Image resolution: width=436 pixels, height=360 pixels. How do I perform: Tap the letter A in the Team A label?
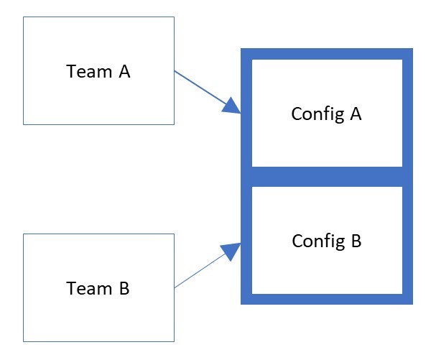[124, 72]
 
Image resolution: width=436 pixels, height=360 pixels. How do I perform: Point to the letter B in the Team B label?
[124, 288]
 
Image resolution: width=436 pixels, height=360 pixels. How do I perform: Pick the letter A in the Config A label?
[355, 114]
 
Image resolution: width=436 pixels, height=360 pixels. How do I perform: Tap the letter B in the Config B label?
[355, 241]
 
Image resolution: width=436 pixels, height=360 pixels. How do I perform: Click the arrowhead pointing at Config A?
[233, 106]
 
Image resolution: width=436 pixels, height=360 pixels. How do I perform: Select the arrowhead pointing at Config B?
[233, 251]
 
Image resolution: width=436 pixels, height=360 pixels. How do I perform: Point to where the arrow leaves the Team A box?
[175, 70]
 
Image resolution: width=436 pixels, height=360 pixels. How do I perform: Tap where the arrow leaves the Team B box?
[175, 287]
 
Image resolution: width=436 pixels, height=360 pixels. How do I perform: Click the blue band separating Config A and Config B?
[326, 177]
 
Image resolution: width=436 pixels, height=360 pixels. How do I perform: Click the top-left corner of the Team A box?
[24, 17]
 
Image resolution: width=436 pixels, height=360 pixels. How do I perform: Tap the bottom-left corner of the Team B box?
[24, 341]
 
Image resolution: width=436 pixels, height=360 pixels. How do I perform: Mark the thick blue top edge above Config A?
[326, 53]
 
